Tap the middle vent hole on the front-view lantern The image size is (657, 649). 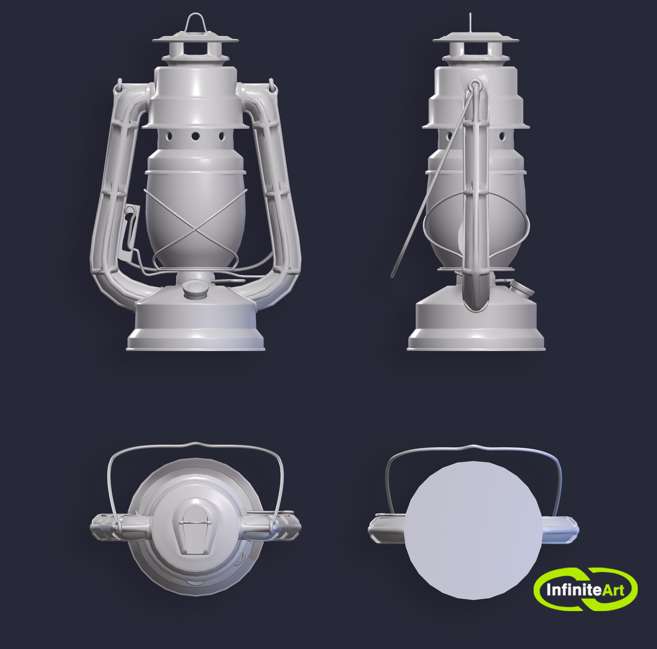tap(196, 136)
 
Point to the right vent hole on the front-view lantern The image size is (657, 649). tap(222, 136)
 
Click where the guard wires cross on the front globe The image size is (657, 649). tap(196, 229)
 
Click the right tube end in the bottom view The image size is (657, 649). tap(560, 529)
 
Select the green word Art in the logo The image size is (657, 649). tap(613, 590)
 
